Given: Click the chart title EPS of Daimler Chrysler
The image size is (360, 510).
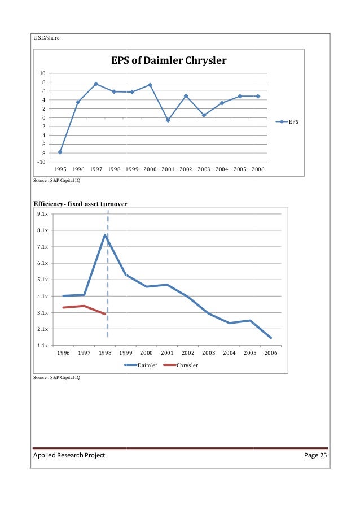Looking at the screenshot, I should point(168,60).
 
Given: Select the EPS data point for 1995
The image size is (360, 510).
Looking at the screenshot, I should point(60,152).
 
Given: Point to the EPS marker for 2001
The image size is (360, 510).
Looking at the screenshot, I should point(168,120).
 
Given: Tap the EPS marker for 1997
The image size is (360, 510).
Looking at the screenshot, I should point(96,84).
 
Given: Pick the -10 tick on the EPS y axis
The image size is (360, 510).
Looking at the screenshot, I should point(42,162).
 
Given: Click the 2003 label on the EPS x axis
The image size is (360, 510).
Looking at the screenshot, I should point(204,169).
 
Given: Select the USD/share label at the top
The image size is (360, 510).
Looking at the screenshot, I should point(46,38).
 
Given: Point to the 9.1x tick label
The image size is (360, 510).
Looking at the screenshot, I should point(42,215).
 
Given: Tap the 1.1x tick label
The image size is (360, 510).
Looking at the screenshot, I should point(42,345).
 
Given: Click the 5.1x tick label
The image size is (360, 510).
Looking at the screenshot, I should point(42,280).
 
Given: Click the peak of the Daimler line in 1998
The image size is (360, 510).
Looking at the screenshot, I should point(105,235).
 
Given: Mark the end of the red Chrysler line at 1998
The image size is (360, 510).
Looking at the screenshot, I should point(105,313).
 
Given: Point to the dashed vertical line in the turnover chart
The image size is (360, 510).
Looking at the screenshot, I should point(108,271).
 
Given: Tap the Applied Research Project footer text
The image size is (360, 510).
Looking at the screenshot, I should point(68,456).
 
